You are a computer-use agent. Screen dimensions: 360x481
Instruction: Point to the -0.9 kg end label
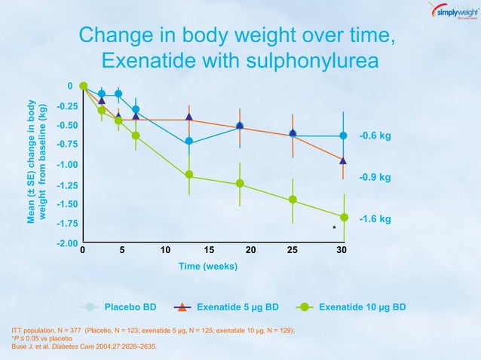(x=375, y=178)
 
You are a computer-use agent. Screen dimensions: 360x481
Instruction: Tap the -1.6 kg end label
(x=375, y=219)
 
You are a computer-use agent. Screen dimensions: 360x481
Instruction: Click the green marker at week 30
(x=344, y=218)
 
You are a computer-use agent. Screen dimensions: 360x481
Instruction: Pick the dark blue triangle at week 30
(x=343, y=160)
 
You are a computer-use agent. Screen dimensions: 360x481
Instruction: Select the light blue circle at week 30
(x=343, y=136)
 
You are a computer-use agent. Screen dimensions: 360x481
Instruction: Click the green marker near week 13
(x=188, y=175)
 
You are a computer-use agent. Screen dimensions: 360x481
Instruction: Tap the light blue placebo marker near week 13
(x=188, y=141)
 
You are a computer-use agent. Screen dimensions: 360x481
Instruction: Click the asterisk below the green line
(x=334, y=227)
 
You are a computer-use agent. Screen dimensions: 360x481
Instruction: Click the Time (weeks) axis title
(x=207, y=267)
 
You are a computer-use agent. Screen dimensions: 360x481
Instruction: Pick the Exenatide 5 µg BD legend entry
(x=226, y=307)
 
